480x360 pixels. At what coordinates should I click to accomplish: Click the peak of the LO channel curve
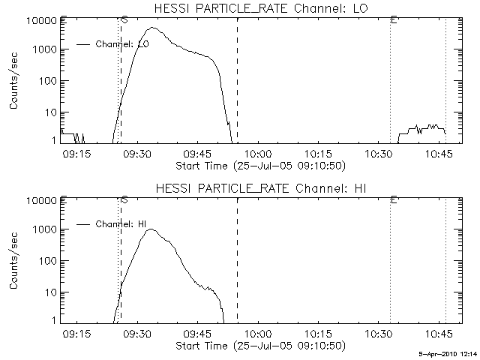point(152,28)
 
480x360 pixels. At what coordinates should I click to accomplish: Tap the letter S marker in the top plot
point(124,20)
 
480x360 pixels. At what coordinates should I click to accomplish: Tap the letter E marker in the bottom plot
point(394,199)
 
